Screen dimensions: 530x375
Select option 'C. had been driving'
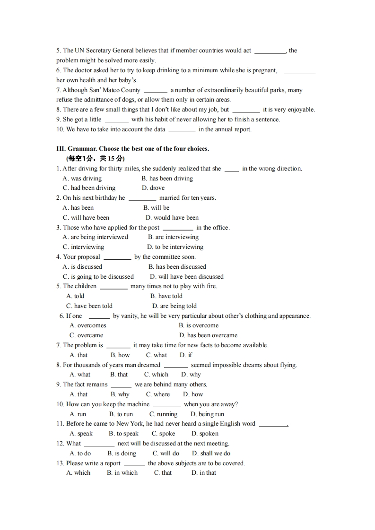pyautogui.click(x=89, y=188)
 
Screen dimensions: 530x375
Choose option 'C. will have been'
pyautogui.click(x=86, y=218)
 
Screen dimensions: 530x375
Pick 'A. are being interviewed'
pyautogui.click(x=96, y=237)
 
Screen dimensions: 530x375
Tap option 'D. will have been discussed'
pyautogui.click(x=187, y=277)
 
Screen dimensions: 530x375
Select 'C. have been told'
pyautogui.click(x=89, y=306)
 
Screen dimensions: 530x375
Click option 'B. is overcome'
pyautogui.click(x=199, y=325)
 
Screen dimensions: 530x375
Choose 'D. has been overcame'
pyautogui.click(x=209, y=335)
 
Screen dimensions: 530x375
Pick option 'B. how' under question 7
pyautogui.click(x=120, y=355)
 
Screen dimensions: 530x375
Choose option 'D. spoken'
pyautogui.click(x=205, y=434)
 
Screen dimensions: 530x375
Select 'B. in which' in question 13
pyautogui.click(x=122, y=473)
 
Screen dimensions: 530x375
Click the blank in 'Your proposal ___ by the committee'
pyautogui.click(x=117, y=257)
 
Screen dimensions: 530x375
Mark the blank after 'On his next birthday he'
pyautogui.click(x=142, y=198)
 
